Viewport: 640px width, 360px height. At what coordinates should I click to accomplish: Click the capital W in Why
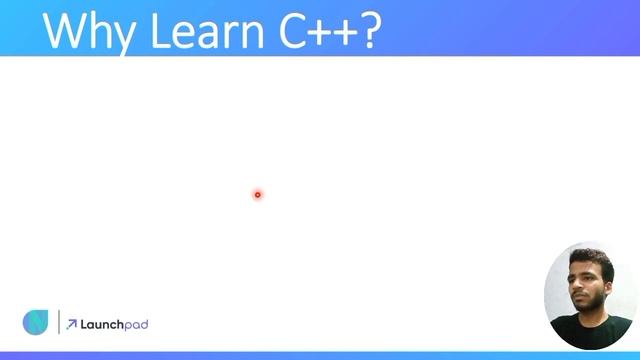pyautogui.click(x=69, y=30)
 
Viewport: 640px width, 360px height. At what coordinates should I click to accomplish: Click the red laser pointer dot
pyautogui.click(x=257, y=195)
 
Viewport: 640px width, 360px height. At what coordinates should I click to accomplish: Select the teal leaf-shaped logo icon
pyautogui.click(x=35, y=323)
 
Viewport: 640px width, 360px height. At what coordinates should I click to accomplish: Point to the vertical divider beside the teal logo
pyautogui.click(x=58, y=323)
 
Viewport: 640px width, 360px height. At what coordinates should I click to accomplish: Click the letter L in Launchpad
pyautogui.click(x=84, y=324)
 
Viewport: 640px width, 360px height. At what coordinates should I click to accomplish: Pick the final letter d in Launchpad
pyautogui.click(x=144, y=324)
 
